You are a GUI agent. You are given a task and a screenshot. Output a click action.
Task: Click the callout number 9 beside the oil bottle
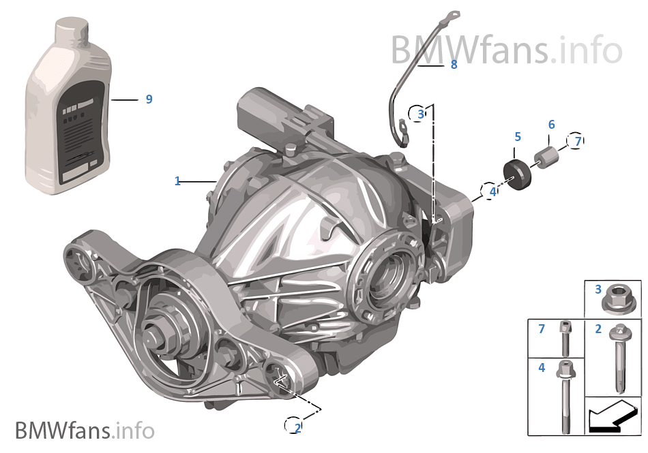pos(149,99)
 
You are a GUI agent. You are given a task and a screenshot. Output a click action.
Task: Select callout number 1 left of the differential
pos(177,181)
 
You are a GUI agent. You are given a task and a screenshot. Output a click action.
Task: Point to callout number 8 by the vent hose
pos(454,65)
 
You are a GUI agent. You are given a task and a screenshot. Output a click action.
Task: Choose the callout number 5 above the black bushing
pos(518,137)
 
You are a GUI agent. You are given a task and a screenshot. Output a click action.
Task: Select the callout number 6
pos(551,125)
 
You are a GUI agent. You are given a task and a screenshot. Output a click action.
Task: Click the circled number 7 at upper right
pos(577,141)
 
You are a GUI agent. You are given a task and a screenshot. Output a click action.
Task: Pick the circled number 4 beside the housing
pos(492,192)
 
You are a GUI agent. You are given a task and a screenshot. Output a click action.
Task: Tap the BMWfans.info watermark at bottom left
pos(85,431)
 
